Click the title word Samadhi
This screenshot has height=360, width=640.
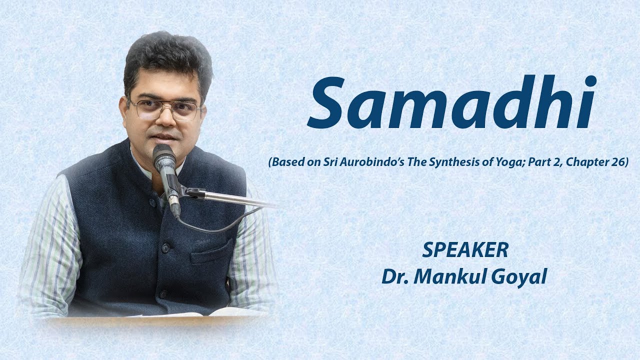(x=451, y=103)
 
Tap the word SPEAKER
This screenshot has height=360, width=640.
(x=465, y=250)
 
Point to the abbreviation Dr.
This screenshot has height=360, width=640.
(x=394, y=276)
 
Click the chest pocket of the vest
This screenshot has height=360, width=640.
(x=212, y=252)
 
